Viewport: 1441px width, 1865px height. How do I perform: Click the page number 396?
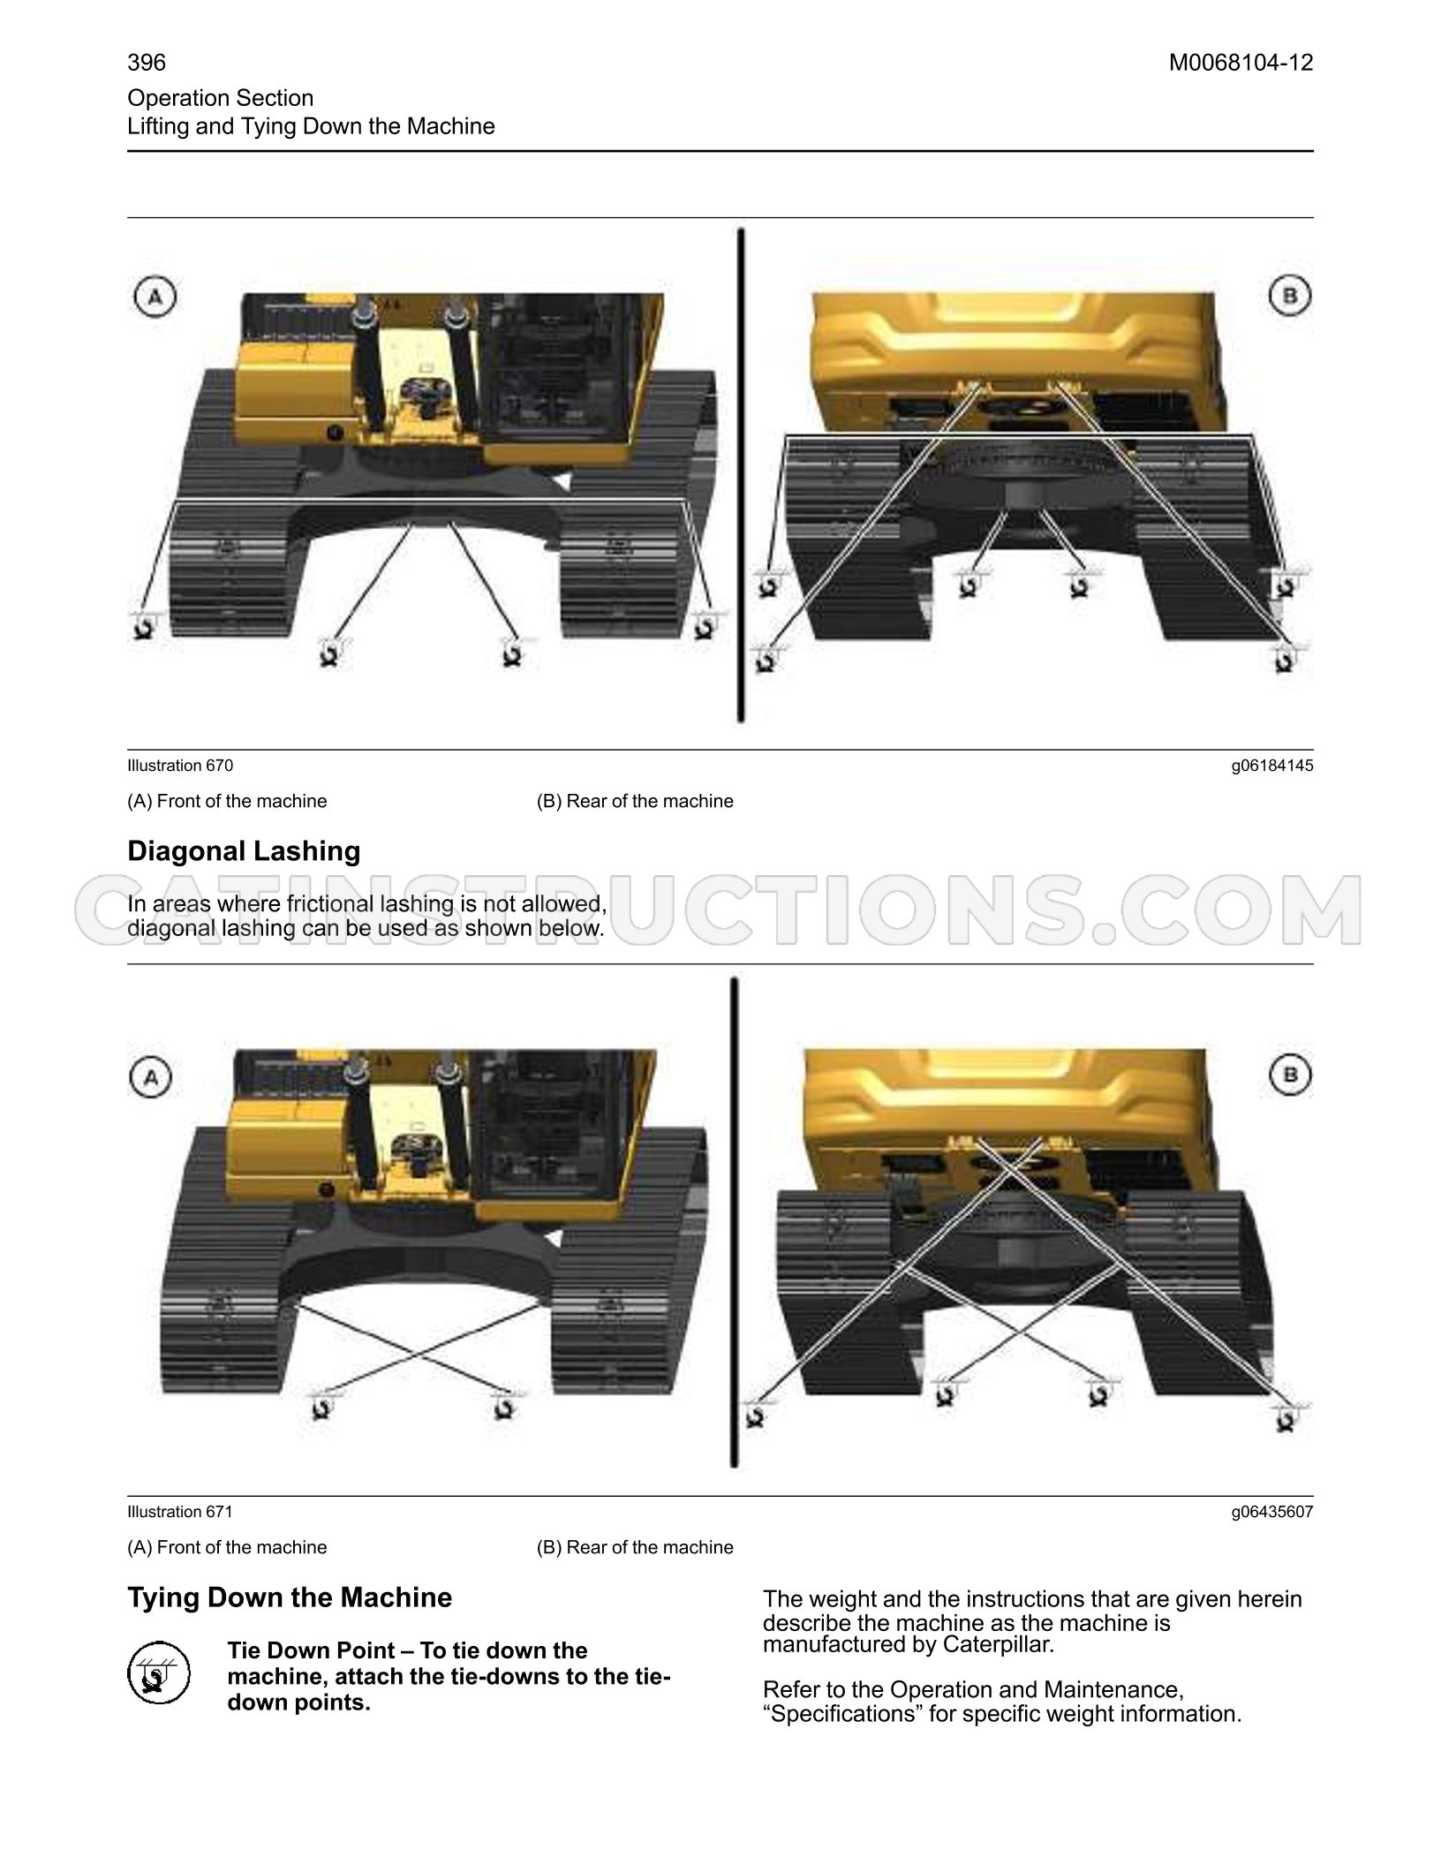tap(147, 63)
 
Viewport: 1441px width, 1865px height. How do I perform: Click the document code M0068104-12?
tap(1241, 63)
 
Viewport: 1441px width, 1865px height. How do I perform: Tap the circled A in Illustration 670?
tap(155, 298)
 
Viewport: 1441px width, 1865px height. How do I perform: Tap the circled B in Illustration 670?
tap(1289, 296)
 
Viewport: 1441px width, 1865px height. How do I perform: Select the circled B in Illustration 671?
tap(1290, 1076)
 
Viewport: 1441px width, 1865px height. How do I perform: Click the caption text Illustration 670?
tap(180, 766)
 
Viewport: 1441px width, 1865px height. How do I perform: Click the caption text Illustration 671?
tap(180, 1512)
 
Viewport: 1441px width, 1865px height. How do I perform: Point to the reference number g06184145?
tap(1272, 766)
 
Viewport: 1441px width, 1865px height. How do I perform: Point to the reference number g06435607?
tap(1272, 1512)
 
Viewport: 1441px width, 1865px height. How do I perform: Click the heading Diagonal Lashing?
tap(245, 851)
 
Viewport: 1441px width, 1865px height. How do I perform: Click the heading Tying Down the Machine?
tap(290, 1597)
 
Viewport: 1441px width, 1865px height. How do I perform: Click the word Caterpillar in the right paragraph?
tap(997, 1645)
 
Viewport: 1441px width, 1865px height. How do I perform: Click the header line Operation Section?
tap(221, 98)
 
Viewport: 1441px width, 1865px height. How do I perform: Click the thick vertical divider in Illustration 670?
tap(741, 476)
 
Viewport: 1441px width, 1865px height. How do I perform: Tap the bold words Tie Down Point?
tap(311, 1651)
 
